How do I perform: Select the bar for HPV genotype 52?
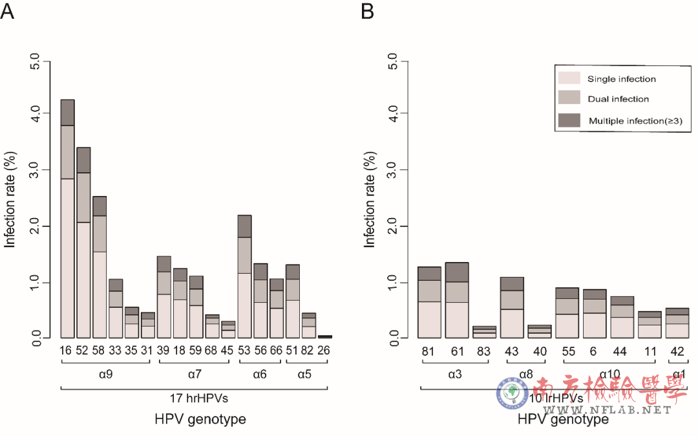pos(83,243)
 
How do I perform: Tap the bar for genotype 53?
pos(244,276)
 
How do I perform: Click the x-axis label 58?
pos(100,351)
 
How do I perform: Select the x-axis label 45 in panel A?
pos(228,351)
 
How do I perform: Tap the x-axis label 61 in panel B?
pos(458,351)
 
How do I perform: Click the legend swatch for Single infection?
pos(569,79)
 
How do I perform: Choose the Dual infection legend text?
pos(618,99)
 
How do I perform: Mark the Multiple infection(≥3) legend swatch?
pos(569,120)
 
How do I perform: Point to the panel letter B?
pos(367,11)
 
